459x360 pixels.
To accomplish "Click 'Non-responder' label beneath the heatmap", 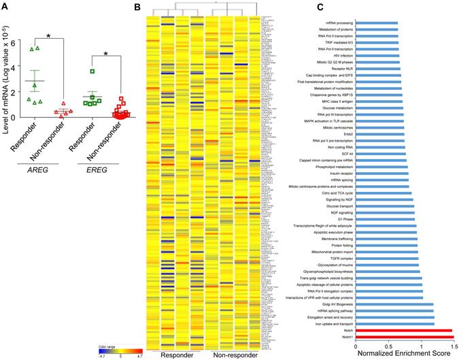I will click(x=231, y=355).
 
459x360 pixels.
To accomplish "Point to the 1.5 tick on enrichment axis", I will click(x=451, y=346).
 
